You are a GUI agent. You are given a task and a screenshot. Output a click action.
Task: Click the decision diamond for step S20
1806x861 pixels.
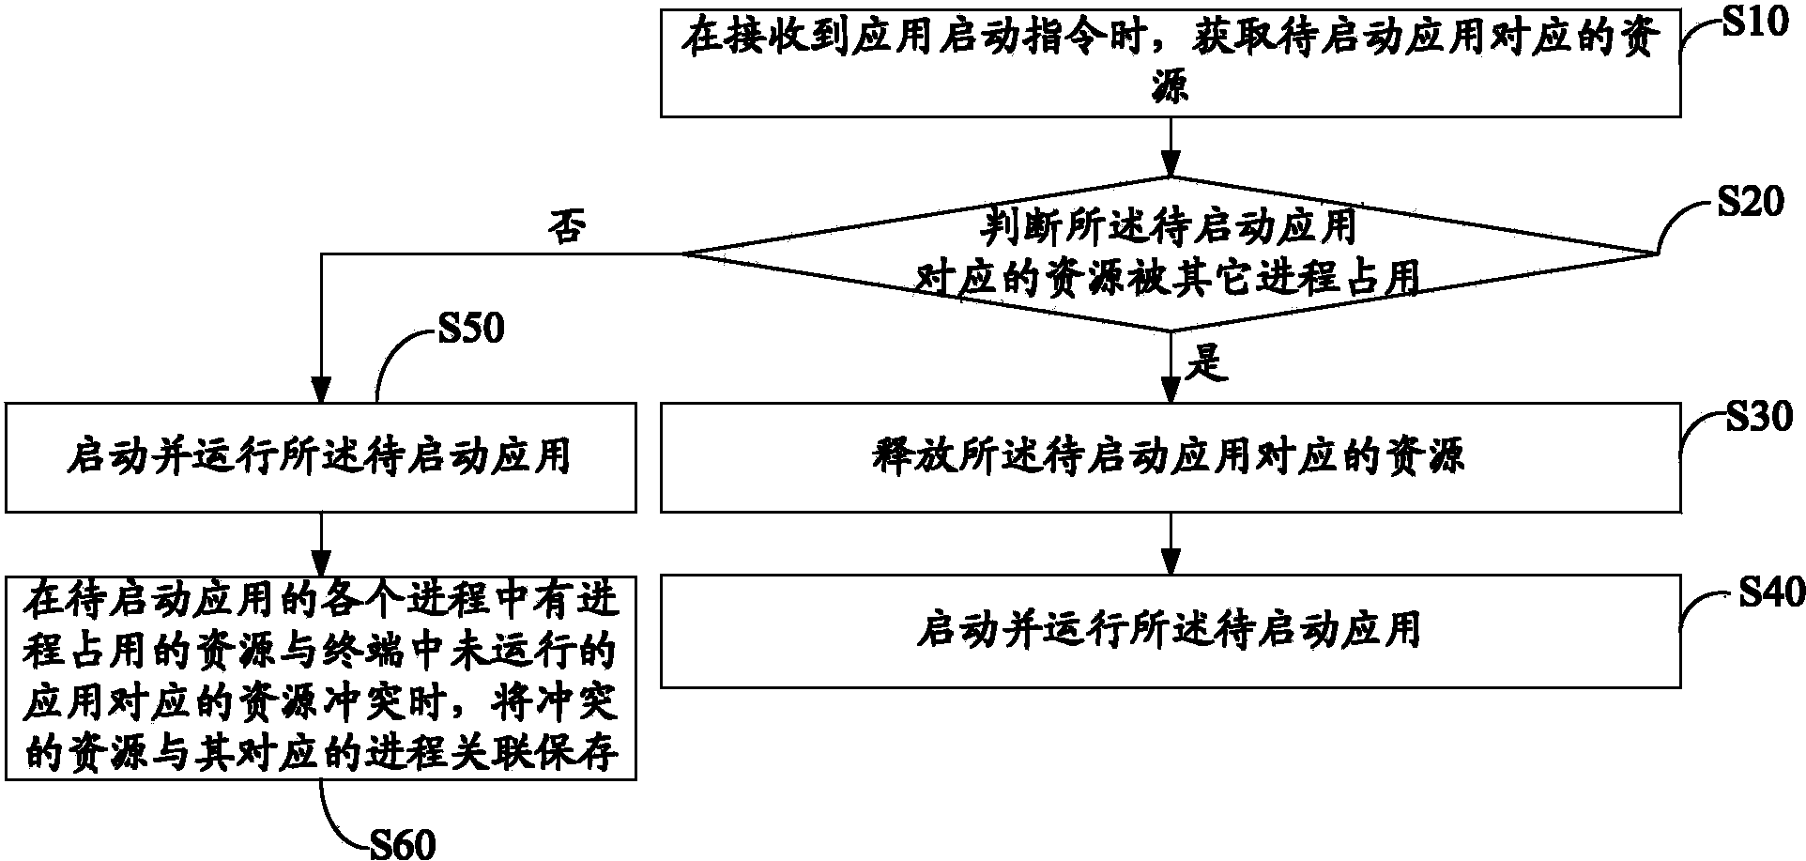pos(1170,254)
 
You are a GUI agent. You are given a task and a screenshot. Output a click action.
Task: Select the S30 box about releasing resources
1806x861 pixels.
pos(1170,457)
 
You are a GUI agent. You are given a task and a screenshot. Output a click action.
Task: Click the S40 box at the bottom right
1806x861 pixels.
pos(1170,631)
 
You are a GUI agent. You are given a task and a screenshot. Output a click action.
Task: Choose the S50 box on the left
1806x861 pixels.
pos(321,457)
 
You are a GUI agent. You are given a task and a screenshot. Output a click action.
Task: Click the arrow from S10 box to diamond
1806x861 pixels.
pos(1170,146)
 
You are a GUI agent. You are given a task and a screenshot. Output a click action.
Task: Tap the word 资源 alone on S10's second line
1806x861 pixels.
pos(1170,89)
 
